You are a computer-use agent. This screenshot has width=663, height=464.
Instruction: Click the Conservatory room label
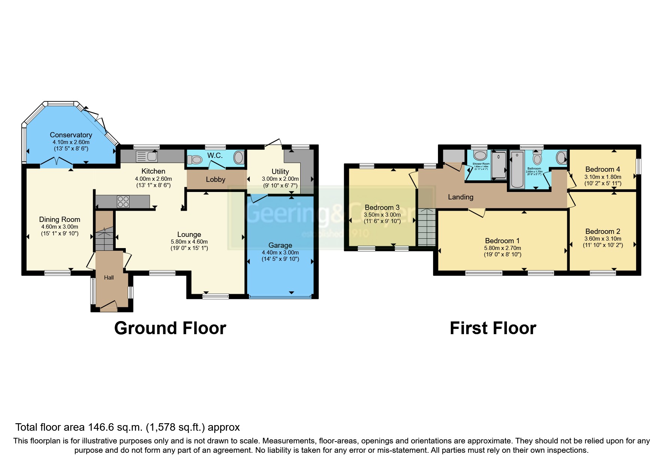pyautogui.click(x=71, y=135)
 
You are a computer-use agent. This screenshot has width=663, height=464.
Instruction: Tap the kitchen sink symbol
pyautogui.click(x=147, y=156)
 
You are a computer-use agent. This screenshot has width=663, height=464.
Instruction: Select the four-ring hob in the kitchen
pyautogui.click(x=123, y=202)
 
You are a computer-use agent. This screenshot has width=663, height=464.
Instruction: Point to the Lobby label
pyautogui.click(x=216, y=180)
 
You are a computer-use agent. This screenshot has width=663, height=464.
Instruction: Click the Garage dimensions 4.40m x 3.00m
pyautogui.click(x=280, y=253)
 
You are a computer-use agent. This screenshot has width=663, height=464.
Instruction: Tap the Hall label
pyautogui.click(x=109, y=278)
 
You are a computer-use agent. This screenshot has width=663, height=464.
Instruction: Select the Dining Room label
pyautogui.click(x=60, y=220)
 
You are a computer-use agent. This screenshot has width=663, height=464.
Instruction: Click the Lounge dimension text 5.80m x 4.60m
pyautogui.click(x=189, y=242)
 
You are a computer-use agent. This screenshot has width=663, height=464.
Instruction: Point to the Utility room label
pyautogui.click(x=280, y=171)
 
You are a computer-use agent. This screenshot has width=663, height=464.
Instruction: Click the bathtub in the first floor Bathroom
pyautogui.click(x=517, y=169)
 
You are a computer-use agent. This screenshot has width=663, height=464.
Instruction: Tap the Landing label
pyautogui.click(x=460, y=197)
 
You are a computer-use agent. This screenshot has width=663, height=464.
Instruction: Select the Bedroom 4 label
pyautogui.click(x=603, y=170)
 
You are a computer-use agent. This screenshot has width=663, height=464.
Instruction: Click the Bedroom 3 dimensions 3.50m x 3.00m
pyautogui.click(x=382, y=215)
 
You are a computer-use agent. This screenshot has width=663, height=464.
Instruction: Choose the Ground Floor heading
pyautogui.click(x=170, y=328)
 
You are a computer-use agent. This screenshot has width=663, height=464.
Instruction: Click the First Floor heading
pyautogui.click(x=493, y=328)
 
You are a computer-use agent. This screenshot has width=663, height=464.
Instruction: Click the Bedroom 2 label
pyautogui.click(x=603, y=232)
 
